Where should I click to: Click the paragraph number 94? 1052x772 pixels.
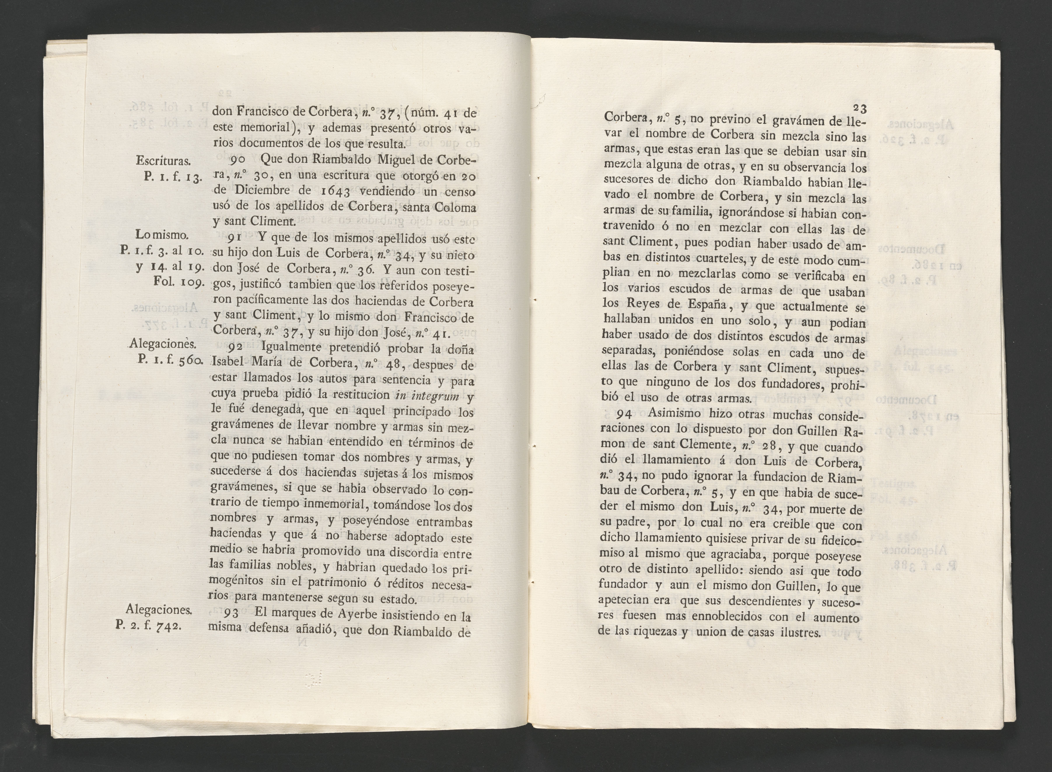click(x=625, y=414)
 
